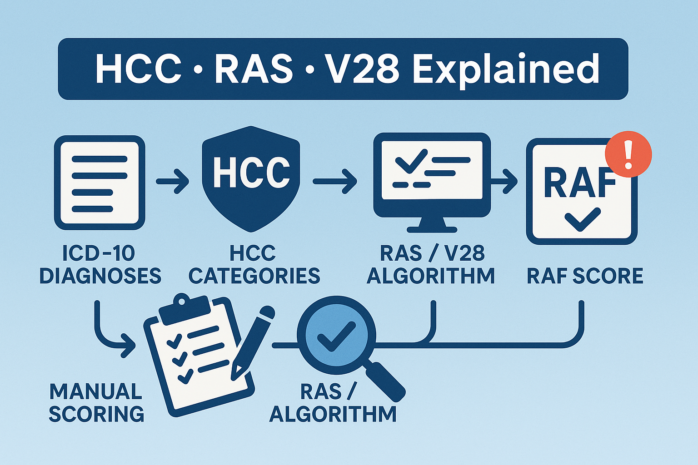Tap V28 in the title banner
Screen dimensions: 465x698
(x=361, y=69)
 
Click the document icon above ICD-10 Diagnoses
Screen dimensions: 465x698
(x=100, y=183)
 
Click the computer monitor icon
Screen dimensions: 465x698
(x=432, y=179)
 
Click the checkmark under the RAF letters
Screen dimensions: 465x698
(x=582, y=219)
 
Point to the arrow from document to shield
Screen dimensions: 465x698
(x=173, y=181)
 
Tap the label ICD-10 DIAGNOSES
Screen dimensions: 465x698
(x=100, y=265)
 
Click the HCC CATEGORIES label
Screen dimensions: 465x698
(x=254, y=265)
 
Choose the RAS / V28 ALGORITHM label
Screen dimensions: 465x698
(x=430, y=265)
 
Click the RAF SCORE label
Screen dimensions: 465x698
(x=585, y=276)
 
